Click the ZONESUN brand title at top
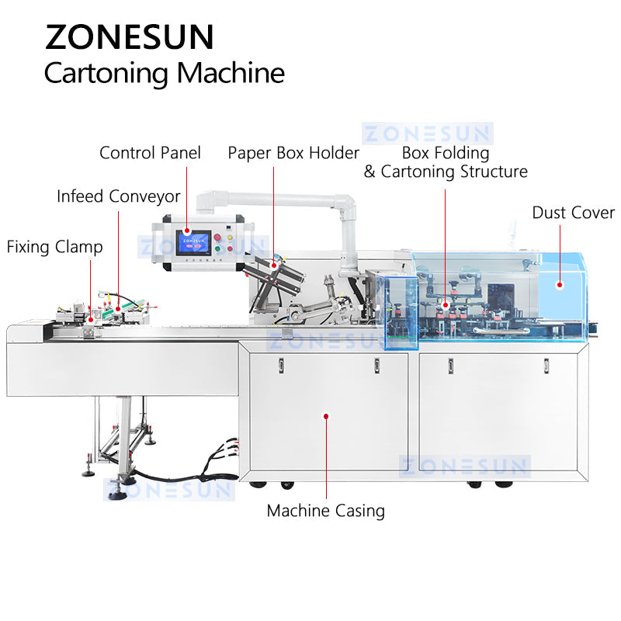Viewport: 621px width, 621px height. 130,37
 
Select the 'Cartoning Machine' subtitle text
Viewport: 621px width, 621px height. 164,73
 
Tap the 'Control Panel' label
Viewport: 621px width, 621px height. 150,153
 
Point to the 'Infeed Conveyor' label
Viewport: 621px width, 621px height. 118,196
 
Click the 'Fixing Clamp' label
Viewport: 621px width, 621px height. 54,247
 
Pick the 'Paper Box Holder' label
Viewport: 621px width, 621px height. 293,153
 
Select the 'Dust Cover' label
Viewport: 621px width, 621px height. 573,213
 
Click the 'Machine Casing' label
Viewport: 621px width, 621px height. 326,511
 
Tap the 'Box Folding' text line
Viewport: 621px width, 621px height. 445,153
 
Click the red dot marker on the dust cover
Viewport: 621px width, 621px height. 558,285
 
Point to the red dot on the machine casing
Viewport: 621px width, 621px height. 326,416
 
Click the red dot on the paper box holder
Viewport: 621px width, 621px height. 273,265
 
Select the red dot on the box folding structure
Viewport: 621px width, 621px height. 445,306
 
